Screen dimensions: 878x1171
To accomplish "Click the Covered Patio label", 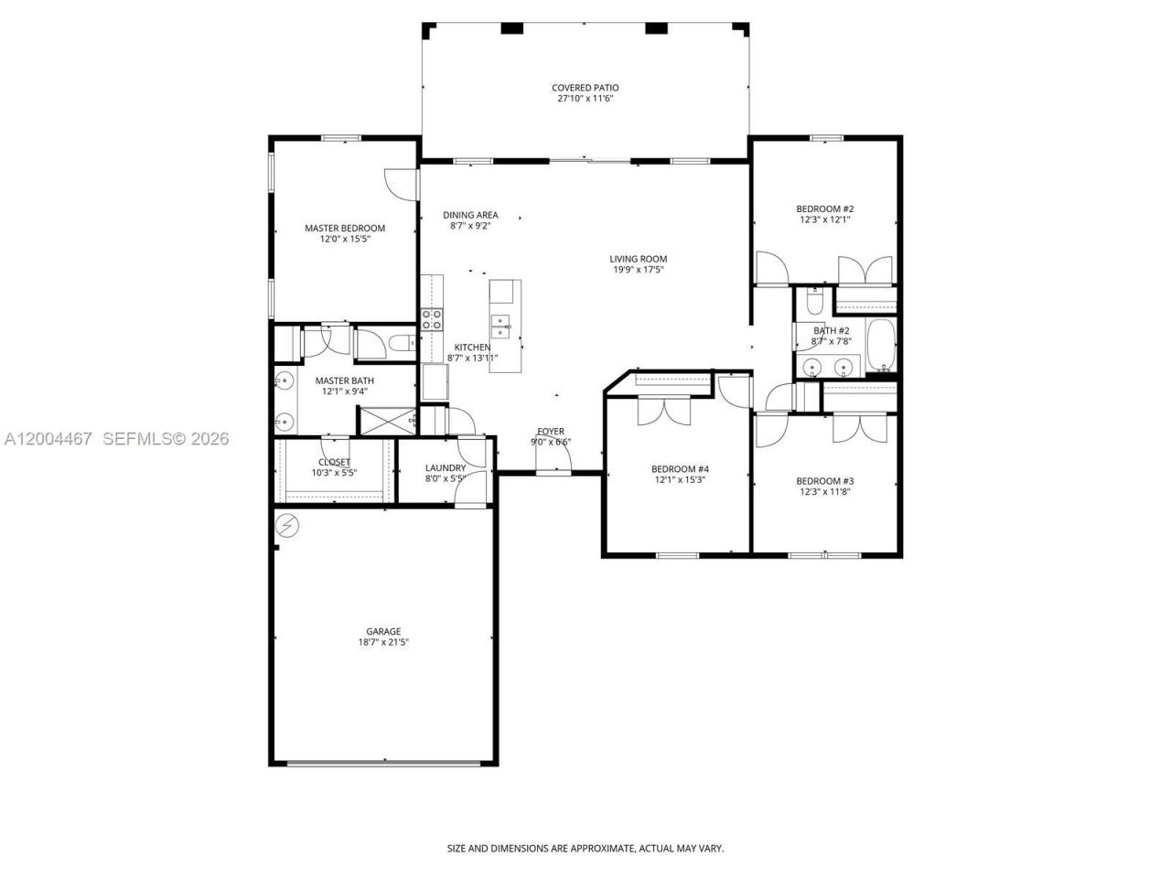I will click(x=585, y=88).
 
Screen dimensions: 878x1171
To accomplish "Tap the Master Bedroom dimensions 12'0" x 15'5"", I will click(x=344, y=240).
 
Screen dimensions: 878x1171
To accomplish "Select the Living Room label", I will click(x=639, y=259).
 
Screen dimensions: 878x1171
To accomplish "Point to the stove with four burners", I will click(x=432, y=319).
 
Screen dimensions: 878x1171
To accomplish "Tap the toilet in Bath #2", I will click(x=816, y=301).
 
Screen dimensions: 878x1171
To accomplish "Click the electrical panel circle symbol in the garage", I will click(x=287, y=525).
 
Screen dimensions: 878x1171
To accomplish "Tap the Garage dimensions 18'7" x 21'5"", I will click(x=383, y=642).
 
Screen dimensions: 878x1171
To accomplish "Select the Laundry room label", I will click(x=446, y=468).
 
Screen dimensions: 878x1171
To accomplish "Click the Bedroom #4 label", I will click(x=680, y=468).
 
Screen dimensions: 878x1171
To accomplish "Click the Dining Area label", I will click(x=470, y=215).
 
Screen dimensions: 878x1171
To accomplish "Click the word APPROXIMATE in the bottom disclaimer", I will click(x=600, y=849).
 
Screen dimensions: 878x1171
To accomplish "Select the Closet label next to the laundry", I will click(x=334, y=462).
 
